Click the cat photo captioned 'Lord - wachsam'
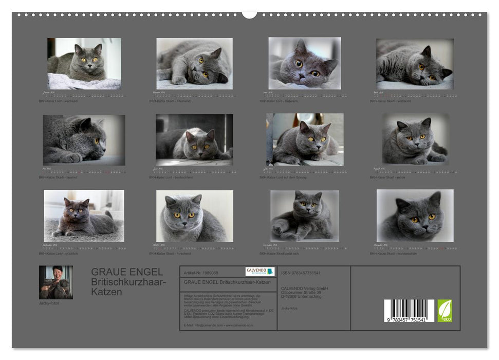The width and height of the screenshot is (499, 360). click(x=84, y=63)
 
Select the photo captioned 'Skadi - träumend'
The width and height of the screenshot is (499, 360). click(x=194, y=64)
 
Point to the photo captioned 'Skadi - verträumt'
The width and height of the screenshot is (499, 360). click(x=415, y=64)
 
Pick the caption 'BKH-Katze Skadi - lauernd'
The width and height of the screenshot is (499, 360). click(x=58, y=177)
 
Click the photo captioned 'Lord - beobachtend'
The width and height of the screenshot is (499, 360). click(x=194, y=139)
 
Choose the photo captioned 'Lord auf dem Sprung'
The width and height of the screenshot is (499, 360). click(x=305, y=139)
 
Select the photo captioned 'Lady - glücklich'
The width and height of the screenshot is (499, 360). click(x=84, y=216)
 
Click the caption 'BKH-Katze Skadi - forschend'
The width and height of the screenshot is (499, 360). click(x=170, y=254)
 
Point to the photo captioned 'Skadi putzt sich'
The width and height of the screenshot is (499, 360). click(x=305, y=216)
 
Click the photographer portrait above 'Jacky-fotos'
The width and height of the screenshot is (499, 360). click(x=56, y=282)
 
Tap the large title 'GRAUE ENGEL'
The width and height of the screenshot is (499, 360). click(x=127, y=272)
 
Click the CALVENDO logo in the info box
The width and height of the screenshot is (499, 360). click(x=260, y=272)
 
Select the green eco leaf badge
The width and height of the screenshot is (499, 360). click(x=445, y=311)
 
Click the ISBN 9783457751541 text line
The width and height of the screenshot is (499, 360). click(x=301, y=273)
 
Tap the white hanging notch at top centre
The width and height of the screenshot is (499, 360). click(x=250, y=14)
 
